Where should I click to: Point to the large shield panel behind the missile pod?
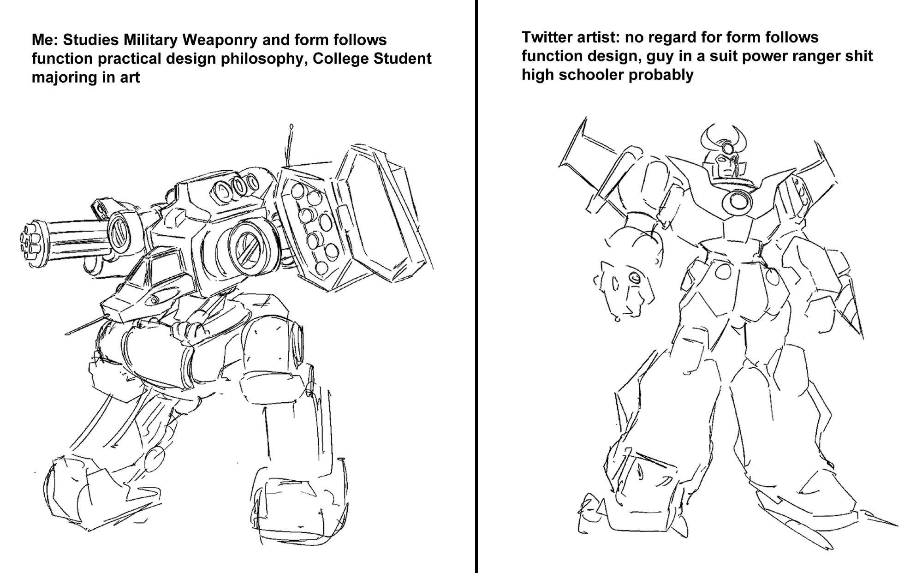[383, 212]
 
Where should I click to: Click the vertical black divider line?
[476, 286]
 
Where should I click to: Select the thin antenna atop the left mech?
[289, 145]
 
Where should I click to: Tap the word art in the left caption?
[131, 78]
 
